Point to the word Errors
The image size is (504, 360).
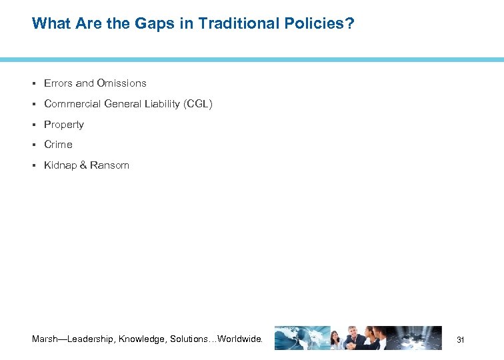click(x=58, y=83)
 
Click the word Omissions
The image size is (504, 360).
click(x=121, y=83)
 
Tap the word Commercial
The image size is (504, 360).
click(x=72, y=104)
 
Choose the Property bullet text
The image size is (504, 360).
click(x=64, y=125)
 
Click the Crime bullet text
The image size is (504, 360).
click(x=58, y=145)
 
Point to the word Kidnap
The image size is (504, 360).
click(x=60, y=165)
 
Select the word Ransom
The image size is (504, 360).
click(x=110, y=165)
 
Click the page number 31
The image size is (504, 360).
click(x=460, y=340)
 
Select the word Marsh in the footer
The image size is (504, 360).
click(x=46, y=339)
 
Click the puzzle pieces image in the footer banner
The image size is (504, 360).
click(x=420, y=338)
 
